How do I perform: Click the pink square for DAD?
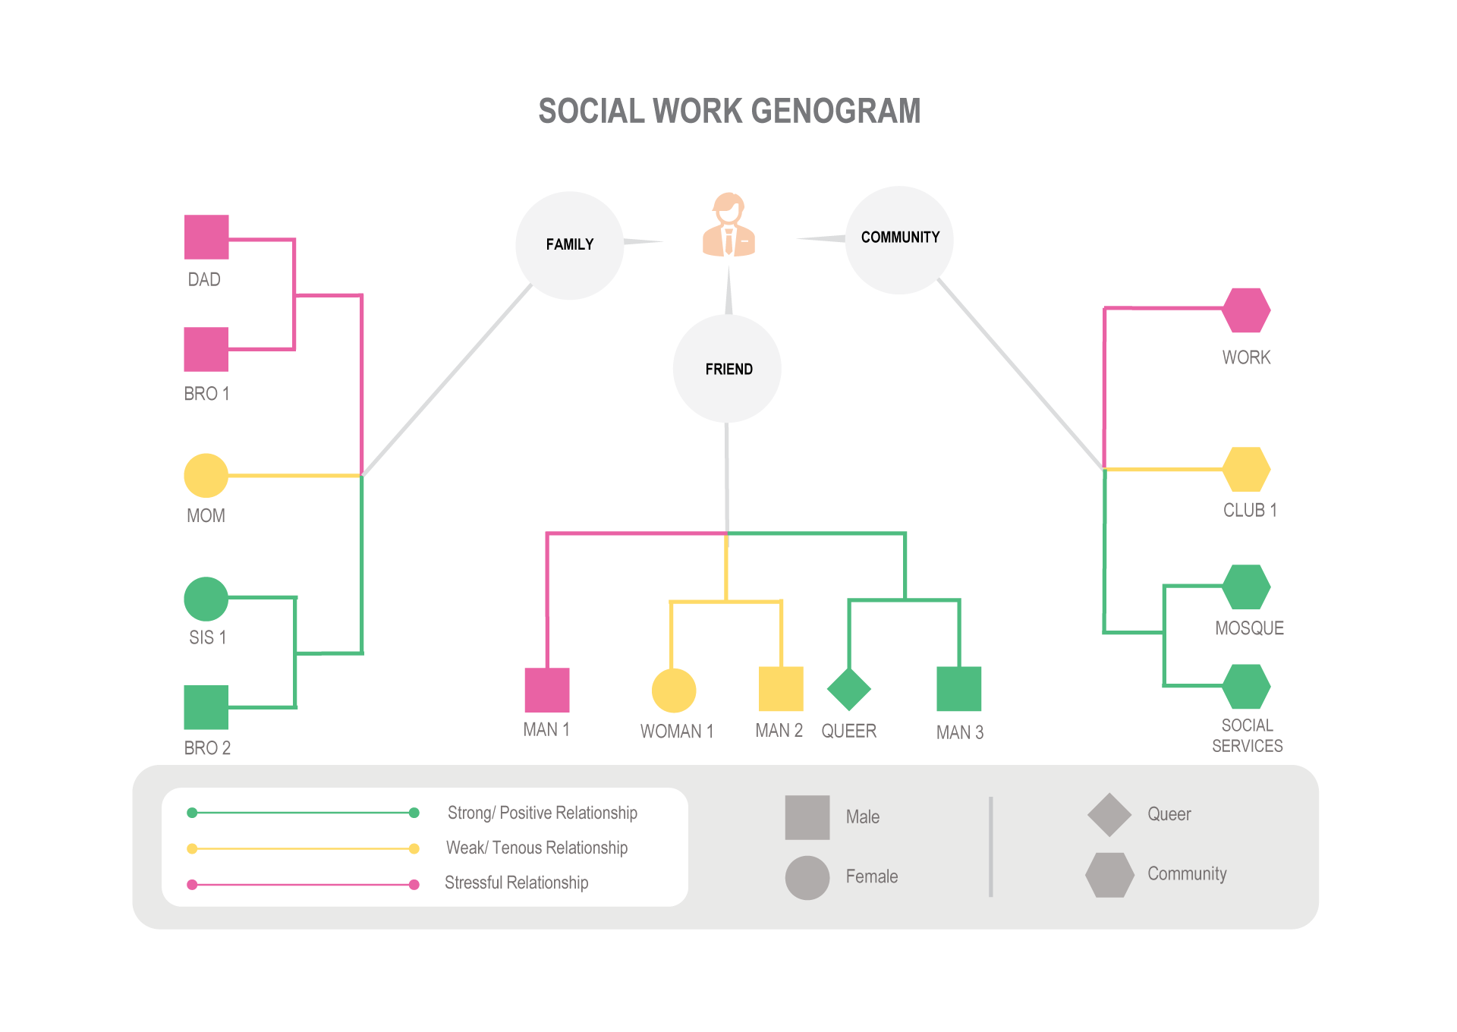pyautogui.click(x=206, y=237)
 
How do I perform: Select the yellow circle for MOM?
pyautogui.click(x=206, y=476)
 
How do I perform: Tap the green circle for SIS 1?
pyautogui.click(x=206, y=599)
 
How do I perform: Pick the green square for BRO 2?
pyautogui.click(x=206, y=707)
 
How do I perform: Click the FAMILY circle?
pyautogui.click(x=570, y=245)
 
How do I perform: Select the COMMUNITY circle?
pyautogui.click(x=899, y=239)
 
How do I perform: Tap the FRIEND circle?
pyautogui.click(x=727, y=369)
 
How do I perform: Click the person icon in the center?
pyautogui.click(x=728, y=225)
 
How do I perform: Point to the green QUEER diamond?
pyautogui.click(x=848, y=689)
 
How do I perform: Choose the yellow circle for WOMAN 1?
pyautogui.click(x=674, y=691)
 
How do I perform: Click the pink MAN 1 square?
pyautogui.click(x=547, y=690)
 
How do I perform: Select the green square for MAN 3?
pyautogui.click(x=959, y=688)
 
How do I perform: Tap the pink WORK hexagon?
pyautogui.click(x=1246, y=310)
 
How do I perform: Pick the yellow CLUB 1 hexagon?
pyautogui.click(x=1246, y=469)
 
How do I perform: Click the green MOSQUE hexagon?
pyautogui.click(x=1246, y=587)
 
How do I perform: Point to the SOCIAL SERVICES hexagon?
pyautogui.click(x=1246, y=686)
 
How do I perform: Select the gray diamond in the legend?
pyautogui.click(x=1109, y=815)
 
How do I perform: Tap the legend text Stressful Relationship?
pyautogui.click(x=516, y=883)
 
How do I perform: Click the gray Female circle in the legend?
pyautogui.click(x=807, y=878)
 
